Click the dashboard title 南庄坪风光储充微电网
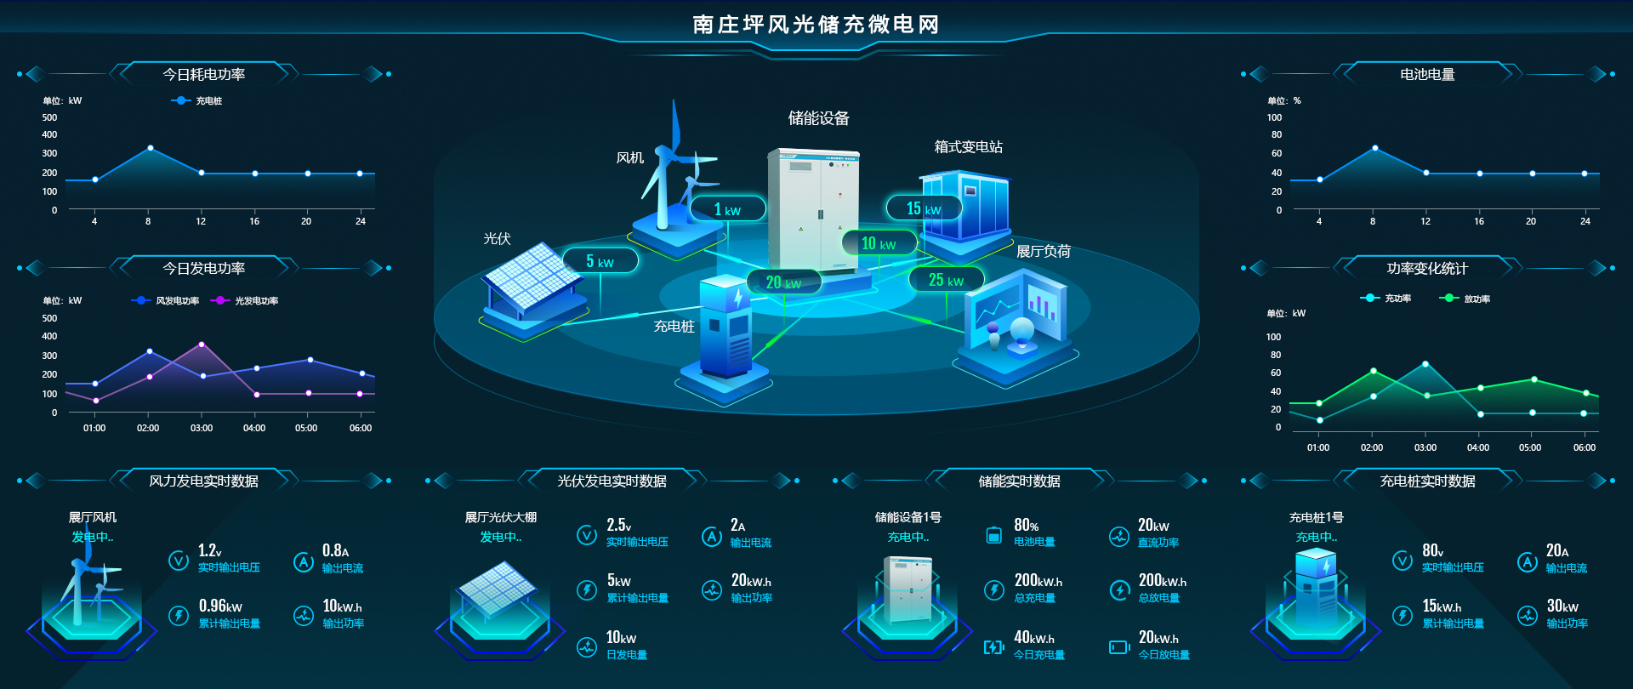816,25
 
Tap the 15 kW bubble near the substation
923,208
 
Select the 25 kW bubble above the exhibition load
946,280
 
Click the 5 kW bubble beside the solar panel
600,261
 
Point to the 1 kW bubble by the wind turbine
727,209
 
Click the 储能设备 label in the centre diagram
818,118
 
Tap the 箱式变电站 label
968,147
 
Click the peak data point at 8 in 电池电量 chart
1374,148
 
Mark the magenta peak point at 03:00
202,344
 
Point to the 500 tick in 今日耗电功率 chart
50,117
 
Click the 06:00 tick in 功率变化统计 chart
1584,447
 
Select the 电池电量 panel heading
1427,75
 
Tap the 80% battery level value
1026,526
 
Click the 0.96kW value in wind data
220,606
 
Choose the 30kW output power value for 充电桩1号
1562,606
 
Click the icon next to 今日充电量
993,647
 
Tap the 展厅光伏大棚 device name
500,517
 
